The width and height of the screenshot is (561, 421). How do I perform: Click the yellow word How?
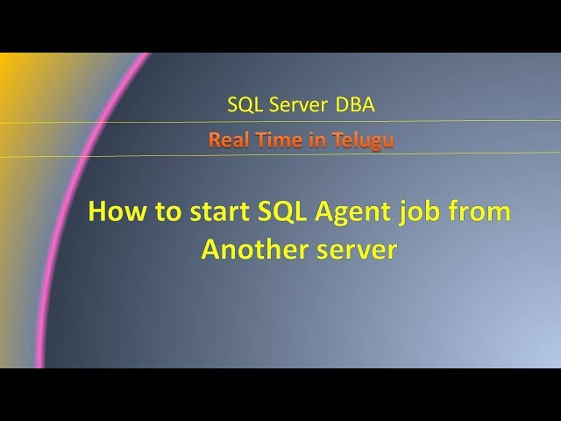pos(114,213)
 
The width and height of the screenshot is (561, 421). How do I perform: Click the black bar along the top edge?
pos(280,25)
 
